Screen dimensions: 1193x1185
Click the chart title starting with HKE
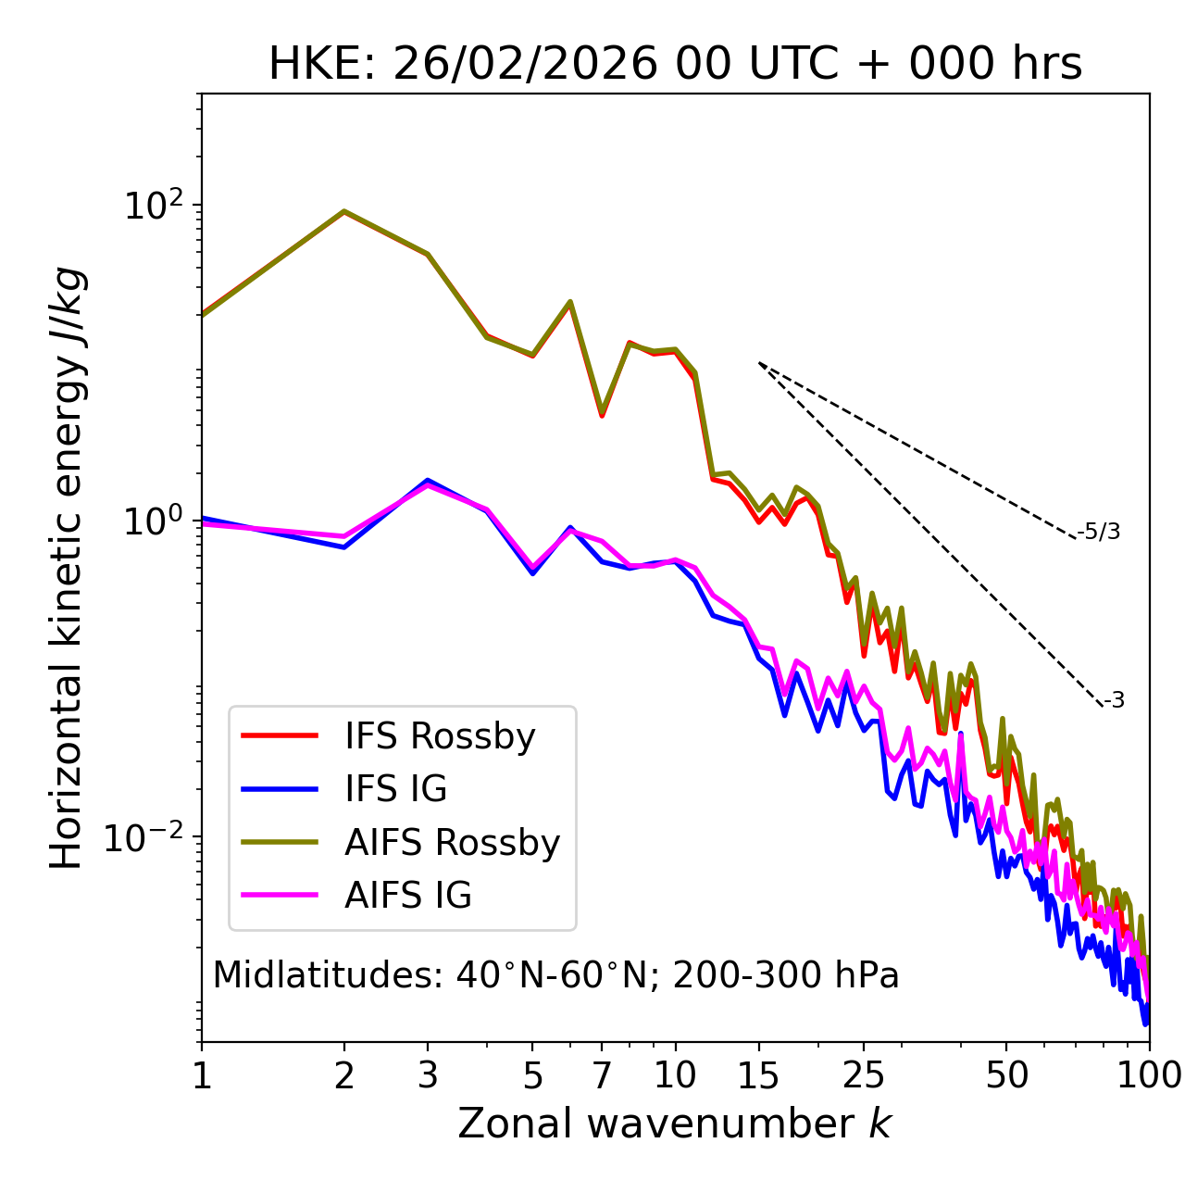coord(675,65)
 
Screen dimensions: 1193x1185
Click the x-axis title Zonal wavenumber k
coord(674,1124)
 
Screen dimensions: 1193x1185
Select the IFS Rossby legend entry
coord(440,736)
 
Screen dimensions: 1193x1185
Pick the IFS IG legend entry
coord(395,789)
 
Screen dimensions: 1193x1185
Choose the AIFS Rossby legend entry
coord(452,843)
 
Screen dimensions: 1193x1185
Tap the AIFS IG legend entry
coord(408,896)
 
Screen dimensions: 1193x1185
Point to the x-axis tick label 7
coord(602,1075)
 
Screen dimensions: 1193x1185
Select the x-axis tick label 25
coord(864,1075)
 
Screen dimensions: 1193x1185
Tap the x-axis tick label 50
coord(1006,1075)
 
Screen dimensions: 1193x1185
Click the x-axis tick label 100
coord(1148,1075)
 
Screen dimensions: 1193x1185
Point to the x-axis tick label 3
coord(428,1075)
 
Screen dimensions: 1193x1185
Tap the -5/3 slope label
coord(1099,533)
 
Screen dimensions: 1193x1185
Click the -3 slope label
coord(1114,701)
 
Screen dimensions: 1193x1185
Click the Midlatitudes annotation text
coord(555,975)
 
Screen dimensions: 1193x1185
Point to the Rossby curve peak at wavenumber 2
coord(344,211)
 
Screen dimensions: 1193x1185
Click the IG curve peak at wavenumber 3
coord(427,481)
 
